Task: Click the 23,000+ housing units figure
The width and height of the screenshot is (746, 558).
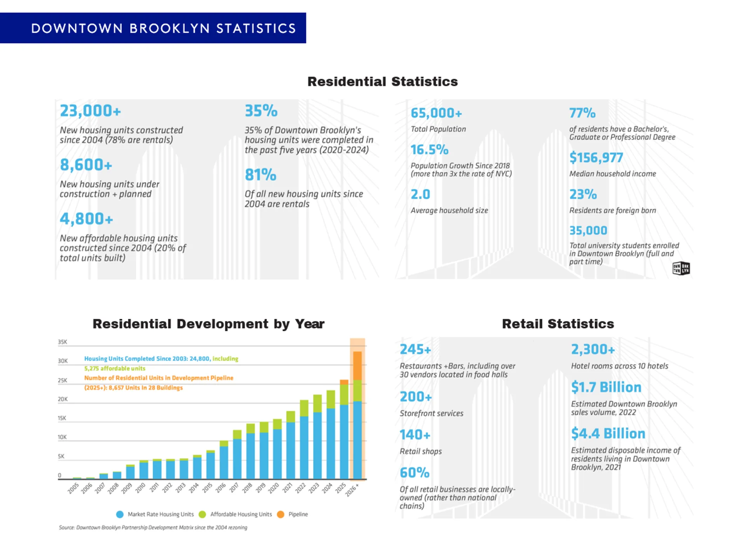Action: (90, 111)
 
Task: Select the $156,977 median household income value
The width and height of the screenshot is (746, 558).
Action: (596, 158)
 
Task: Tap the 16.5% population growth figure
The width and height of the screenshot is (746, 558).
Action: (429, 150)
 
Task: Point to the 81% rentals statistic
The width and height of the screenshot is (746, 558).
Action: (260, 175)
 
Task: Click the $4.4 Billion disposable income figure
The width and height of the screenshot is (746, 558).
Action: (608, 434)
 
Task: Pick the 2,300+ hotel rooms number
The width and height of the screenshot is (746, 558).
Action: (593, 350)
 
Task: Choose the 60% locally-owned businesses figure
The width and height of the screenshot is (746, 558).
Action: (415, 473)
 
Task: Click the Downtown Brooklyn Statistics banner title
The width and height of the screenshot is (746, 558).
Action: (163, 28)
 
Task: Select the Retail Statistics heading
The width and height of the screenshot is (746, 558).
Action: (558, 324)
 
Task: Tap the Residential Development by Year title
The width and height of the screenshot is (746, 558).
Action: (208, 324)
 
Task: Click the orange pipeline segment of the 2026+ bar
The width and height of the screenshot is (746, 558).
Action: (357, 366)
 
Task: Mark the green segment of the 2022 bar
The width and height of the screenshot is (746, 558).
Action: (304, 408)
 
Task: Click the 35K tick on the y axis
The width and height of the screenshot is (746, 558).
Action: (63, 342)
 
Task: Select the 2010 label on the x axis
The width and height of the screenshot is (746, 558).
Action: (140, 488)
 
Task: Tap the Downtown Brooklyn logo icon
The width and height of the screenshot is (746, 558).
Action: (681, 268)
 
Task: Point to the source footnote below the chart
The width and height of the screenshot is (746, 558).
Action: (153, 528)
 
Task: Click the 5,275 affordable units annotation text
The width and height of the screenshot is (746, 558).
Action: (115, 368)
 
